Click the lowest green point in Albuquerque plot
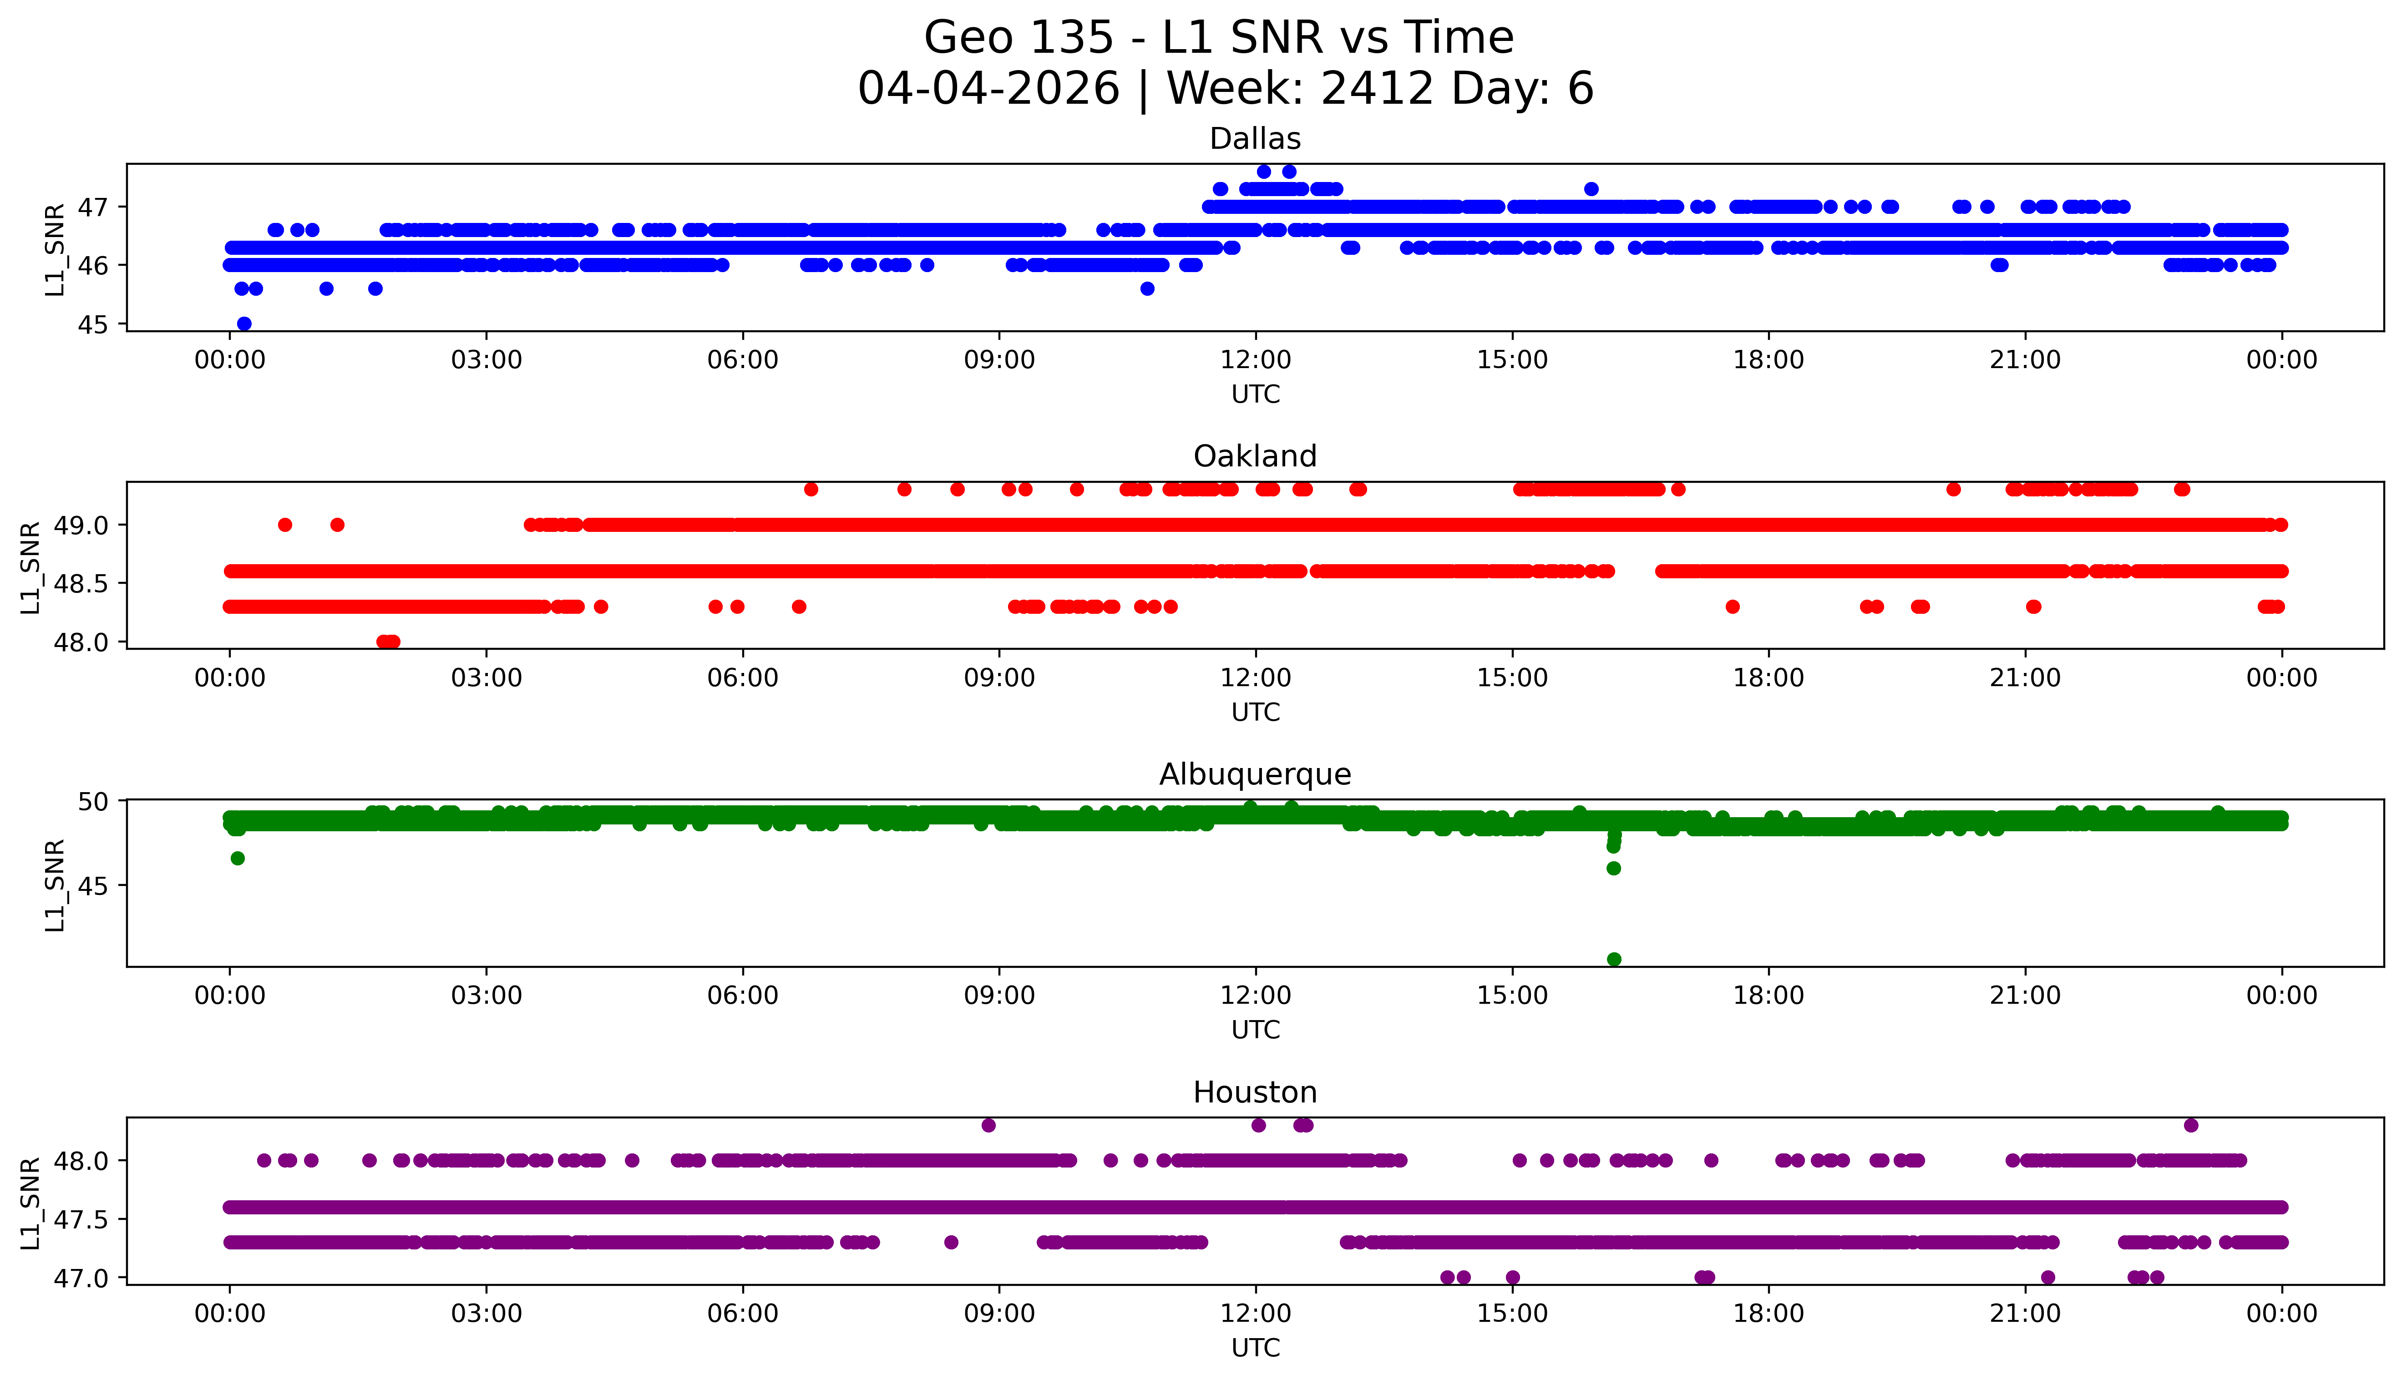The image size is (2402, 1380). (1613, 959)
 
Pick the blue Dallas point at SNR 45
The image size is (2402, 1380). (243, 324)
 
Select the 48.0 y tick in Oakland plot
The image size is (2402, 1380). (81, 642)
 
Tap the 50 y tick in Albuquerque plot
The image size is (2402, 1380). (93, 802)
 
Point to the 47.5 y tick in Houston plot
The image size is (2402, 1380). (81, 1219)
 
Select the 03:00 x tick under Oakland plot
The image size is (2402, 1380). (486, 677)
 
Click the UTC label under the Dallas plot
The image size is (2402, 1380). (1255, 394)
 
